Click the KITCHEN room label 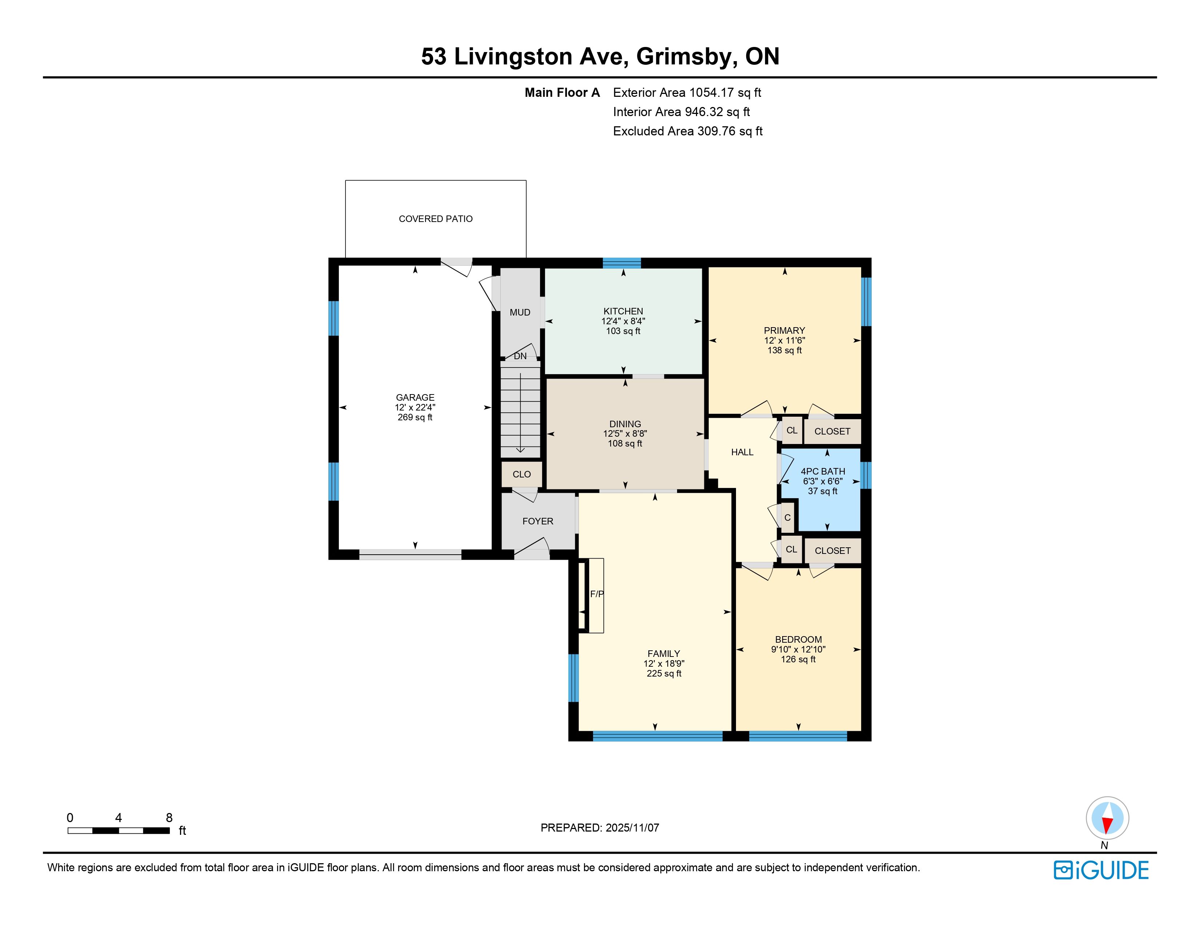click(x=623, y=311)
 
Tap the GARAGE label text click(x=415, y=397)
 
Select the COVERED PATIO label click(x=436, y=219)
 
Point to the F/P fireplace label click(x=597, y=594)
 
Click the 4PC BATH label click(x=823, y=471)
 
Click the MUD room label click(x=520, y=312)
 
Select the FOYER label click(x=538, y=521)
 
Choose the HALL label click(x=742, y=452)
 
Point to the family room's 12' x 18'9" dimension click(x=664, y=663)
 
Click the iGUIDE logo click(x=1101, y=870)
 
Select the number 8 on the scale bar click(x=169, y=817)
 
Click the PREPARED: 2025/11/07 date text click(x=600, y=828)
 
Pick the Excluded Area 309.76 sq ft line click(x=688, y=131)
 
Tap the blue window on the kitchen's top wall click(x=622, y=263)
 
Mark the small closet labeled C click(x=787, y=517)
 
